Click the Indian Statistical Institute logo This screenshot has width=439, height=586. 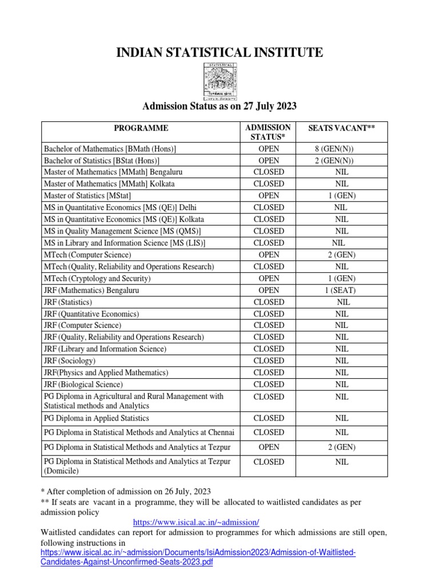219,80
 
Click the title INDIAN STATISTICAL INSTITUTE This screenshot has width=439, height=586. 219,53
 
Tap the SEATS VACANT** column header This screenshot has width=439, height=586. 341,128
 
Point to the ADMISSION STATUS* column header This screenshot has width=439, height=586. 268,132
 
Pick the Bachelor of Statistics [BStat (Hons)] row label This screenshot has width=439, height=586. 102,161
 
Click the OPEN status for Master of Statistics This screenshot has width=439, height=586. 268,196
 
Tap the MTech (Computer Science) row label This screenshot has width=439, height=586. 87,255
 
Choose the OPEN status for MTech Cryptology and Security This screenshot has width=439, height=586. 268,278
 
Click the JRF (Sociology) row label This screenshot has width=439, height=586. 70,361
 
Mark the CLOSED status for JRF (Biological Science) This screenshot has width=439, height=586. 268,384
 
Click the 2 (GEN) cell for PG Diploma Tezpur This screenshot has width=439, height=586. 341,446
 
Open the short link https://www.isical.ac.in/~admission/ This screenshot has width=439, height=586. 196,522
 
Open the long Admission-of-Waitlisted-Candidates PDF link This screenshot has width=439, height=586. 198,557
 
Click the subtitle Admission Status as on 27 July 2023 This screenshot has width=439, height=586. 219,106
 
